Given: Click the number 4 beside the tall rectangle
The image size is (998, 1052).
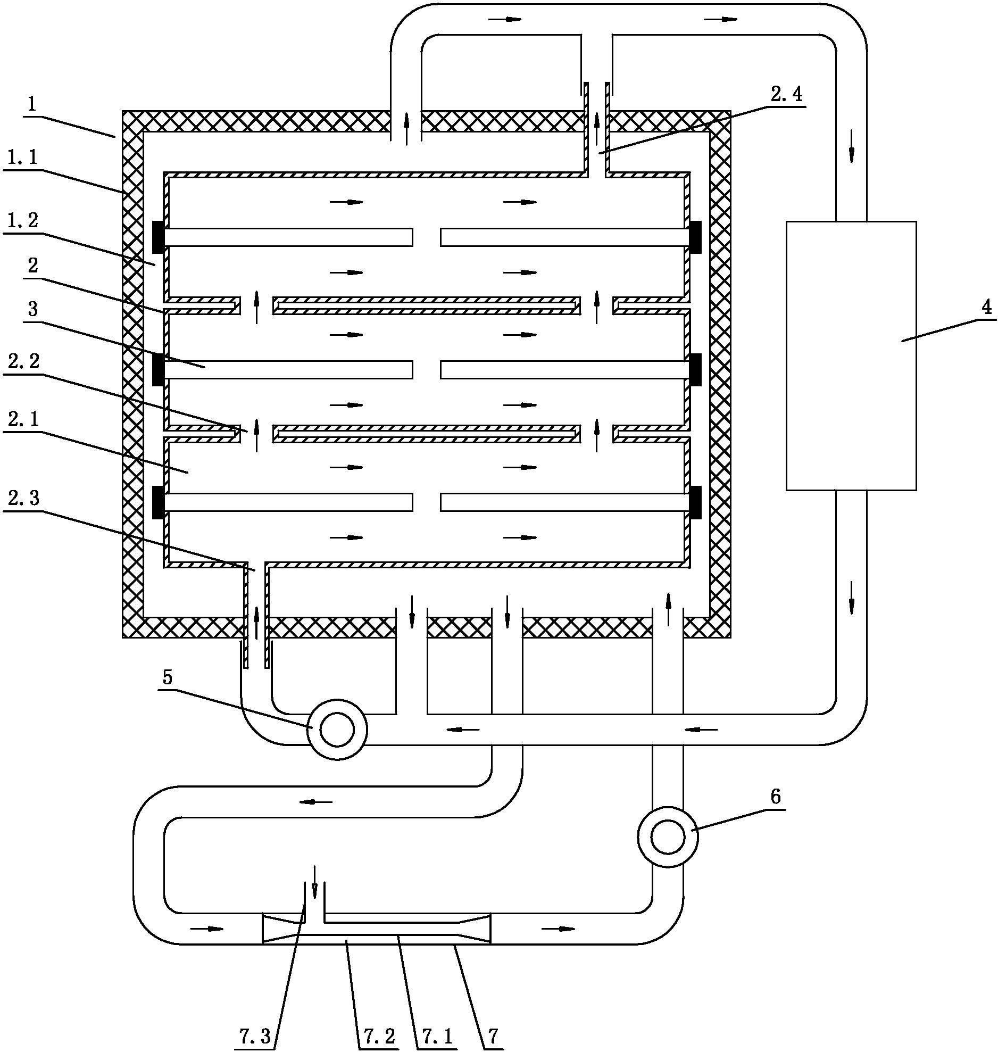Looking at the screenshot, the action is (987, 308).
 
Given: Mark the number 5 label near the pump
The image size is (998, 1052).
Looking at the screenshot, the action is (168, 677).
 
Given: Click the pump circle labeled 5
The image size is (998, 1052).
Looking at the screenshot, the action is (337, 730).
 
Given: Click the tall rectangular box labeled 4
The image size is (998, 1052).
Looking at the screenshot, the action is (851, 355).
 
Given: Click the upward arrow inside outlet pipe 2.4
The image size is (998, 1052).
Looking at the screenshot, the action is (597, 129).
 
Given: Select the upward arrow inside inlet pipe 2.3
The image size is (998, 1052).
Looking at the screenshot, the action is (256, 622).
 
